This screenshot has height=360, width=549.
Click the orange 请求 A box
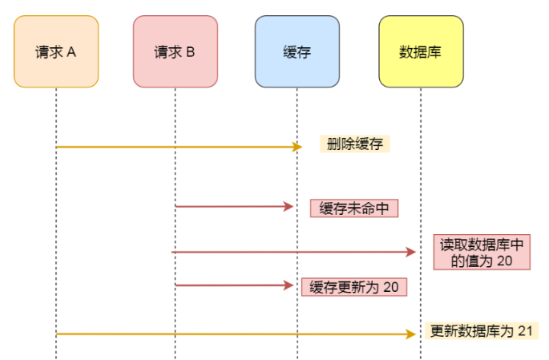click(x=56, y=52)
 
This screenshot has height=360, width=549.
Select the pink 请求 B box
click(x=175, y=52)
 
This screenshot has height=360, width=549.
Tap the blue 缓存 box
click(x=297, y=52)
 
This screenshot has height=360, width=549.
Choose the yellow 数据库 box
click(x=420, y=52)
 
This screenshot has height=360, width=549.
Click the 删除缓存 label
click(x=353, y=144)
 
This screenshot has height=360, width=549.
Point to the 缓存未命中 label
click(x=354, y=208)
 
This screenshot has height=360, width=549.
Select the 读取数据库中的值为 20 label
click(x=481, y=253)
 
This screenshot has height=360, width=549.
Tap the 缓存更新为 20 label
click(x=353, y=287)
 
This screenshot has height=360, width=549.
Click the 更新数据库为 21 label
click(x=479, y=331)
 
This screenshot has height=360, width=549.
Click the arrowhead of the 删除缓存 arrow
click(x=297, y=147)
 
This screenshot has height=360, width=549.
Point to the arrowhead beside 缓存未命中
click(x=290, y=207)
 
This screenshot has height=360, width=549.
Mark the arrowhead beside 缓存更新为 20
click(x=290, y=285)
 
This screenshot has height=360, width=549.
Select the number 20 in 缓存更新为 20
click(x=390, y=287)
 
